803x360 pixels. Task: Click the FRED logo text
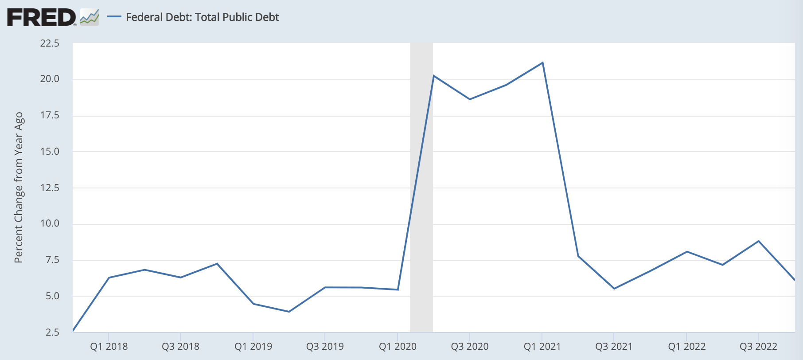tap(41, 17)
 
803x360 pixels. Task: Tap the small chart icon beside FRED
tap(90, 17)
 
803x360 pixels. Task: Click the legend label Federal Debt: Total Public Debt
tap(203, 17)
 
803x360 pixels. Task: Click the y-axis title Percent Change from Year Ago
tap(19, 188)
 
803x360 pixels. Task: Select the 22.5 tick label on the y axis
tap(50, 43)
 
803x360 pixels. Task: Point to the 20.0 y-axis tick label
tap(50, 79)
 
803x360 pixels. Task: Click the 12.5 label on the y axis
tap(50, 188)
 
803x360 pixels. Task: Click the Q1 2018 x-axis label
tap(109, 347)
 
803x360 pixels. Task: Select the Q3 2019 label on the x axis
tap(325, 347)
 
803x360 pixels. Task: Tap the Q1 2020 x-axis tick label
tap(398, 347)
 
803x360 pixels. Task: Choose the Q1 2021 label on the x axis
tap(542, 347)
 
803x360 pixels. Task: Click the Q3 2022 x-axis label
tap(758, 347)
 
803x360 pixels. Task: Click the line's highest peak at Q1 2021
tap(542, 63)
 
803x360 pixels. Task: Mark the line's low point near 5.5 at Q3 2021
tap(614, 289)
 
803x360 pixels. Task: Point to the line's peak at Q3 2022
tap(759, 241)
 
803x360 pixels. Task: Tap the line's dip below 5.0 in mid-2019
tap(289, 312)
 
